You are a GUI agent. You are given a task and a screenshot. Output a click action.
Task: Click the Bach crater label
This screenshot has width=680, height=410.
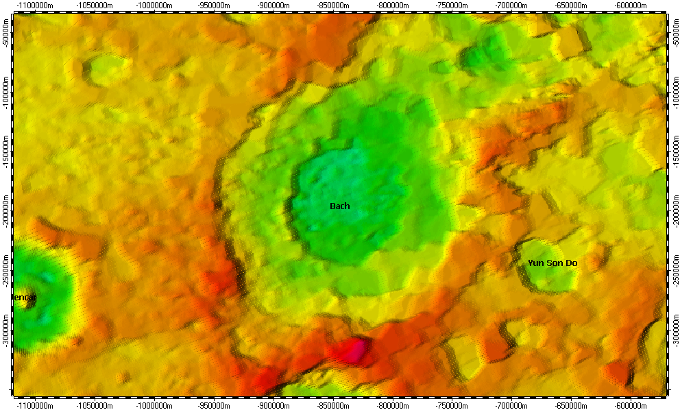pyautogui.click(x=339, y=206)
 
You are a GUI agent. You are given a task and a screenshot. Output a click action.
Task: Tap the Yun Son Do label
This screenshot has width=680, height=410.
pyautogui.click(x=552, y=263)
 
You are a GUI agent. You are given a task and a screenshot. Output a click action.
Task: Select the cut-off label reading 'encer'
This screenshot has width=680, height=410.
pyautogui.click(x=25, y=298)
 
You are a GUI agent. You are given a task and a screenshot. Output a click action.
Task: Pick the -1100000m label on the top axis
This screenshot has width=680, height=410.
pyautogui.click(x=36, y=5)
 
